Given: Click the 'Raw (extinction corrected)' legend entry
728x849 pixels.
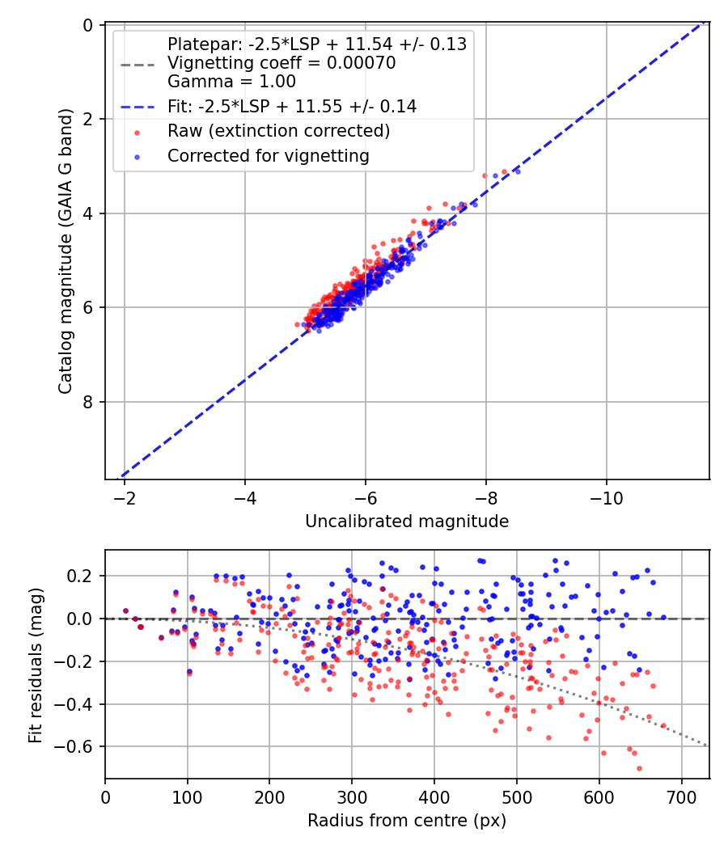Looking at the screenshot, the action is tap(278, 131).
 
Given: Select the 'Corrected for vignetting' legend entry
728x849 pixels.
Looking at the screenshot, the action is tap(268, 156).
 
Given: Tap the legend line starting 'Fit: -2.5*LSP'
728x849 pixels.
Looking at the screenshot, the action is tap(292, 106).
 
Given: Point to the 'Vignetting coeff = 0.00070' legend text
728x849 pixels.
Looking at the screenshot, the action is tap(281, 63).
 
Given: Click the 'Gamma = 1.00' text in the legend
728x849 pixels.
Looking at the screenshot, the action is tap(231, 82).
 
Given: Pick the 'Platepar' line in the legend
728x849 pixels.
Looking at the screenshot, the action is tap(317, 44).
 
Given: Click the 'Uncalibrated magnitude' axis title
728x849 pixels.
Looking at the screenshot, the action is tap(407, 521).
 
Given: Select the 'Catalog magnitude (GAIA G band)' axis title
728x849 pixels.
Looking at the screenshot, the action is tap(66, 251).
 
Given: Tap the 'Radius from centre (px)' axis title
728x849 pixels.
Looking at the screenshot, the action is tap(407, 821).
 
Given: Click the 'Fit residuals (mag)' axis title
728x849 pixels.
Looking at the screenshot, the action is tap(36, 665).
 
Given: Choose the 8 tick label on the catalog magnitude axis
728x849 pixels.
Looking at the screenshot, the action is tap(88, 402).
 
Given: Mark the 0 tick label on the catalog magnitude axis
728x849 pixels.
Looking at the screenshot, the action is tap(88, 25).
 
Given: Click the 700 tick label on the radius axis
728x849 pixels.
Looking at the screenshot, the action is tap(681, 797).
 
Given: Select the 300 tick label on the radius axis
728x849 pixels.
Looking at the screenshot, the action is tap(352, 797).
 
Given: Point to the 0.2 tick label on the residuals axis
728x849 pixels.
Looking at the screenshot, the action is tap(79, 576).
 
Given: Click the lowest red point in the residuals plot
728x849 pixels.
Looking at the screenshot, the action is tap(639, 768).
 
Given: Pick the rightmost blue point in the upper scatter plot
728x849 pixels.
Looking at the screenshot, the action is tap(518, 171).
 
